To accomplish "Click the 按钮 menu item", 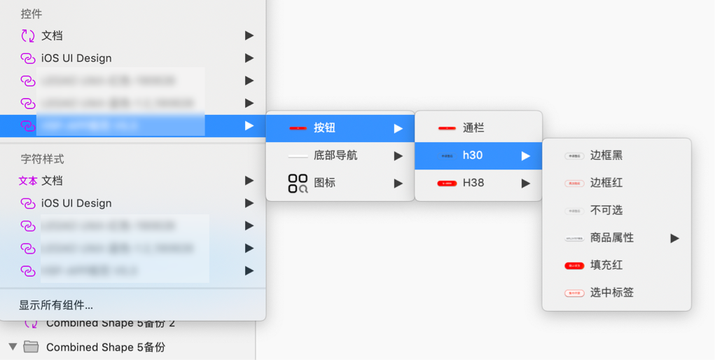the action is (324, 128).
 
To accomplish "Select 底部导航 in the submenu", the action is (335, 155).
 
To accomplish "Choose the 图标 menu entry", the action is (324, 183).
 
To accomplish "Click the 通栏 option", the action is (473, 128).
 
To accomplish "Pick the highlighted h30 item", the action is (473, 155).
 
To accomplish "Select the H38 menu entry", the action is (473, 183).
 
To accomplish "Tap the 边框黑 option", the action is (606, 155).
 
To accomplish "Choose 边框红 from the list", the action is (606, 183).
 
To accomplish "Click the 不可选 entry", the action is (606, 210).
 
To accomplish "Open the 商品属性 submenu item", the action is (611, 237).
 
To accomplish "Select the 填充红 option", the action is (606, 265).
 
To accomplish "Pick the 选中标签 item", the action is (611, 292).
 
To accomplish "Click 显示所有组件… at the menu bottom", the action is (56, 305).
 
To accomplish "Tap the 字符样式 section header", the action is (42, 159).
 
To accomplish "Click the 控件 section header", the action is (32, 14).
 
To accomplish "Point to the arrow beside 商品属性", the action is (674, 238).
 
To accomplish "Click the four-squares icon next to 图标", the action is (298, 184).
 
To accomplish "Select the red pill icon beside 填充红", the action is (574, 265).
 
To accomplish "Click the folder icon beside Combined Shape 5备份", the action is (31, 347).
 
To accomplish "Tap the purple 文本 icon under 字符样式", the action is (28, 181).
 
